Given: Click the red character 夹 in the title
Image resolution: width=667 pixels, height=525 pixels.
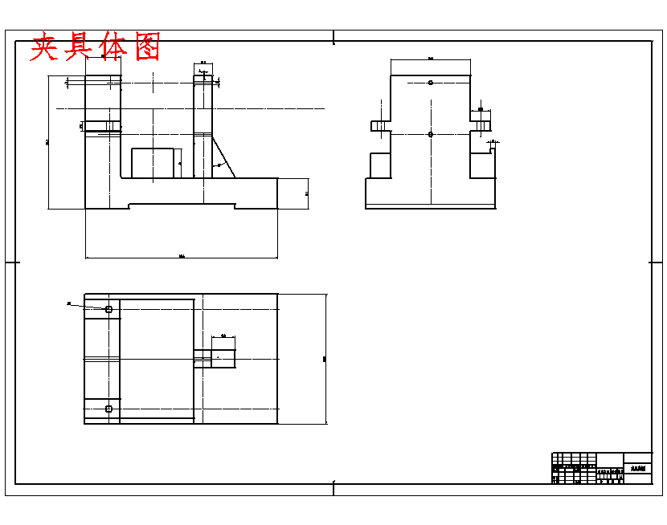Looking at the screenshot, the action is coord(47,47).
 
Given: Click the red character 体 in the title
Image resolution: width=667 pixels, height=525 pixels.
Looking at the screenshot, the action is coord(113,47).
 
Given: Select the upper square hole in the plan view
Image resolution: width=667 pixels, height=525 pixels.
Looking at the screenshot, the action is coord(108,308).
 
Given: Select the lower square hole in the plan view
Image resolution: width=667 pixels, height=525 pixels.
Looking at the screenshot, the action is coord(108,409).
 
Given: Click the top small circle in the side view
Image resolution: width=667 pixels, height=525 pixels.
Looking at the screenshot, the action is coord(431,83).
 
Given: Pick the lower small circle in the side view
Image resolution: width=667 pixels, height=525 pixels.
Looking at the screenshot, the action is coord(431,134).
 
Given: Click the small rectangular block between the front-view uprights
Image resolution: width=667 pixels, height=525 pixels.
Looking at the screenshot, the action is coord(153,163).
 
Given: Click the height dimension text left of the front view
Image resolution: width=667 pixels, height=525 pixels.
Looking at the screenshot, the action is coord(47,142).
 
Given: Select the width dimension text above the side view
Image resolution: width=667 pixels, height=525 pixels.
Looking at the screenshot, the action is coord(431,59).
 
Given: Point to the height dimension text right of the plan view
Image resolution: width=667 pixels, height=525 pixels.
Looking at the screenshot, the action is coord(325,359).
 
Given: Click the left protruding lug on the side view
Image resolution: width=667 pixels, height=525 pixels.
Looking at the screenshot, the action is coord(380,126).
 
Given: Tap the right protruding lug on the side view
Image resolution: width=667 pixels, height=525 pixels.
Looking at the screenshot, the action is coord(481,126).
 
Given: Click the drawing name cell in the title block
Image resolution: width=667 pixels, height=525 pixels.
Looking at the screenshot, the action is coord(638,470).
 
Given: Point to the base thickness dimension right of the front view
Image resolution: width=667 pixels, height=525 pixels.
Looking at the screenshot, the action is coord(307,193).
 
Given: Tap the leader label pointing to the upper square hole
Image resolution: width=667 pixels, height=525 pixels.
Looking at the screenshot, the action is coord(69,303).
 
